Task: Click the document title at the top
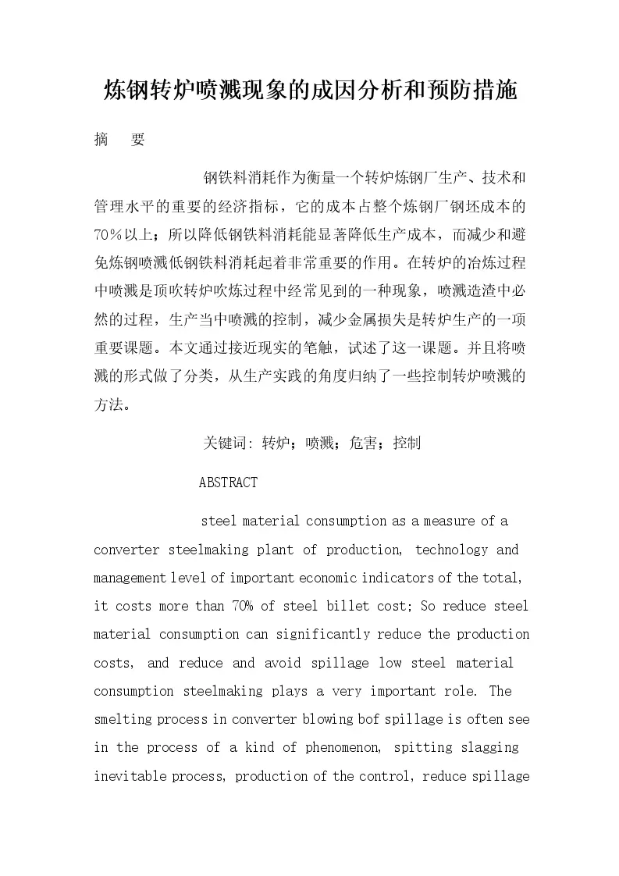pyautogui.click(x=310, y=91)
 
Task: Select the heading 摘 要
pyautogui.click(x=119, y=140)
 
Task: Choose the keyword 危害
pyautogui.click(x=364, y=443)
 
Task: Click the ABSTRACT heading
pyautogui.click(x=228, y=483)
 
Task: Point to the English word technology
pyautogui.click(x=452, y=550)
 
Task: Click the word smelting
pyautogui.click(x=119, y=719)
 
